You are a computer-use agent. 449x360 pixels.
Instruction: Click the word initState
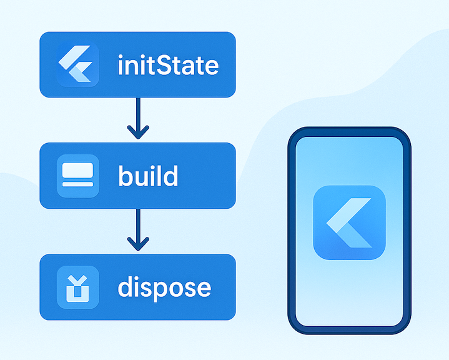[168, 65]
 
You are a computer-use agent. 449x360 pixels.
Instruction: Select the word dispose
[164, 287]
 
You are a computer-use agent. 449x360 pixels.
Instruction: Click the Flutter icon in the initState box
[77, 65]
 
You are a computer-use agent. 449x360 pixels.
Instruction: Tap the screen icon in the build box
[77, 176]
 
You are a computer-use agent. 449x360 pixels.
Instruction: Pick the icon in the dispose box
[77, 287]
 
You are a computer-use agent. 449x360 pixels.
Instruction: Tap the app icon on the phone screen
[349, 222]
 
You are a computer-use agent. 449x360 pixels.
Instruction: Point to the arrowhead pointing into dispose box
[138, 244]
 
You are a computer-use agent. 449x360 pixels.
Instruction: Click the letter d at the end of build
[170, 176]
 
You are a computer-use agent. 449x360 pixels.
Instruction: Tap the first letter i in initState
[121, 65]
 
